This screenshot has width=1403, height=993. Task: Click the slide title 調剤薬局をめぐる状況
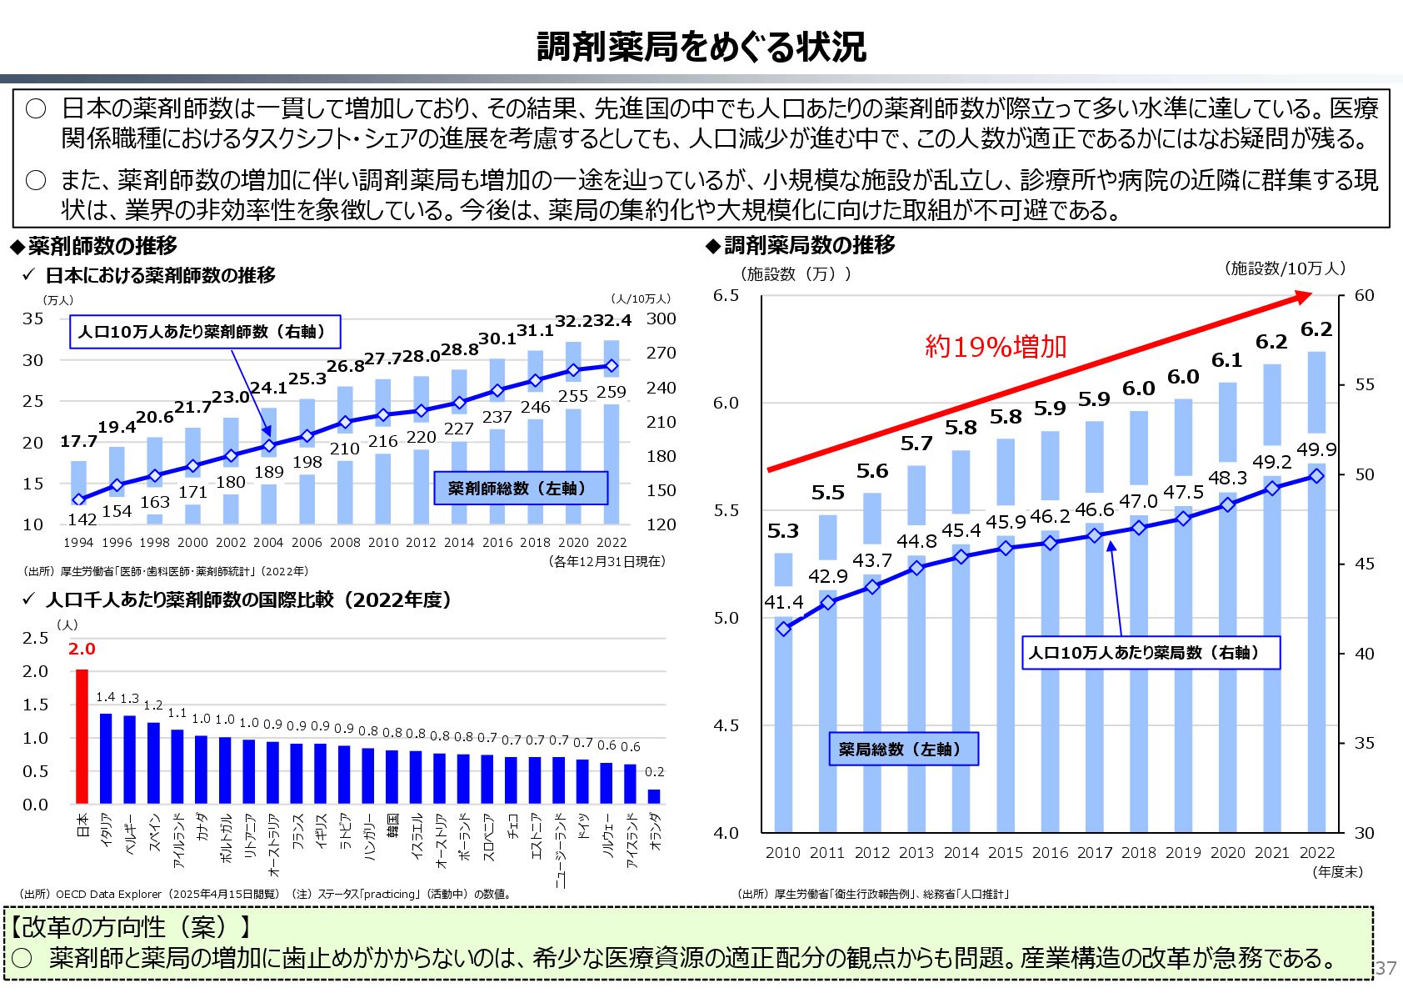tap(701, 47)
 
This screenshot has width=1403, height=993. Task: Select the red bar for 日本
tap(82, 735)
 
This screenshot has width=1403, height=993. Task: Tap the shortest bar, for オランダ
tap(654, 795)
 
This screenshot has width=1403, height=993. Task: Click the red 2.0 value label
tap(82, 649)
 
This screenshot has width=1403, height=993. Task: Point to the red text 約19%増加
tap(996, 346)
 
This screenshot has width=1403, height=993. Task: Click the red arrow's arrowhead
tap(1302, 297)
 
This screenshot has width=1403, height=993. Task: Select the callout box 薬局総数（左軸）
tap(903, 749)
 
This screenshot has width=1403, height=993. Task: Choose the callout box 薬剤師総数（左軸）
tap(521, 488)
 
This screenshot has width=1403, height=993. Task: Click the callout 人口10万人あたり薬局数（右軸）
tap(1150, 653)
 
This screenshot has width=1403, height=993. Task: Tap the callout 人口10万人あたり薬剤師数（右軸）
tap(205, 331)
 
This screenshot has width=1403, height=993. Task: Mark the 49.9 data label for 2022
tap(1316, 450)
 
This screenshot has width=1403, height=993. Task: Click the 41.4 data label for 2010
tap(783, 602)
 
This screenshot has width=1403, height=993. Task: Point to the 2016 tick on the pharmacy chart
tap(1050, 852)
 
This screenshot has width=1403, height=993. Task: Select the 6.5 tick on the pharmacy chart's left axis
tap(726, 295)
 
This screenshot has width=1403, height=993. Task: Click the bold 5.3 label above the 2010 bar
tap(782, 531)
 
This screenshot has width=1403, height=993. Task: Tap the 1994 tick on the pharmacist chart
tap(78, 542)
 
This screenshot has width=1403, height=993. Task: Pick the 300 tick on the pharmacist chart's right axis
tap(661, 318)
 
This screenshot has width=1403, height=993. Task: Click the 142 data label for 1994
tap(82, 519)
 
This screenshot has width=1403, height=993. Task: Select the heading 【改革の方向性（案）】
tap(129, 926)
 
